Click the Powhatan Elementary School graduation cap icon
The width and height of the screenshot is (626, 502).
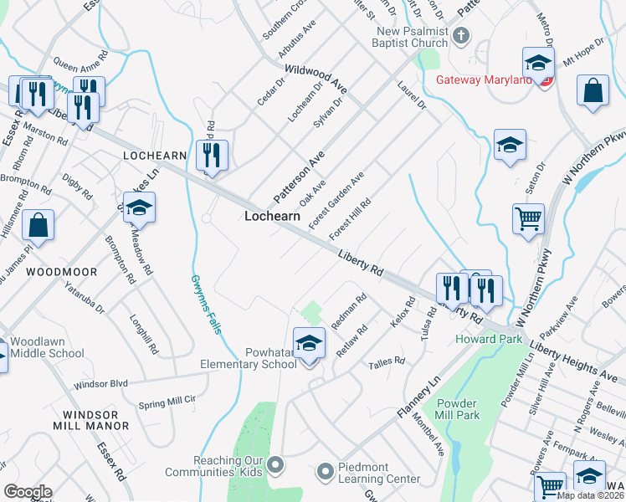tap(309, 342)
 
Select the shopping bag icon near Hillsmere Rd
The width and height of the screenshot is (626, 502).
tap(38, 225)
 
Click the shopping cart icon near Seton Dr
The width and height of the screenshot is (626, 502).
tap(528, 220)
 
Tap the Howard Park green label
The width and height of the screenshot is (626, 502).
tap(489, 339)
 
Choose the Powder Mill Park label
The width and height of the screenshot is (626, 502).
tap(457, 407)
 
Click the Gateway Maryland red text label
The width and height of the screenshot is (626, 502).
tap(485, 80)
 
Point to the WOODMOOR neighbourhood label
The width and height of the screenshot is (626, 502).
tap(61, 273)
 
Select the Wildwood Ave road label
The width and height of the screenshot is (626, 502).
tap(316, 79)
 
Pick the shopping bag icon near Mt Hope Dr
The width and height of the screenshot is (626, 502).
tap(593, 92)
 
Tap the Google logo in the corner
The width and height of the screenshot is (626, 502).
tap(28, 492)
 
